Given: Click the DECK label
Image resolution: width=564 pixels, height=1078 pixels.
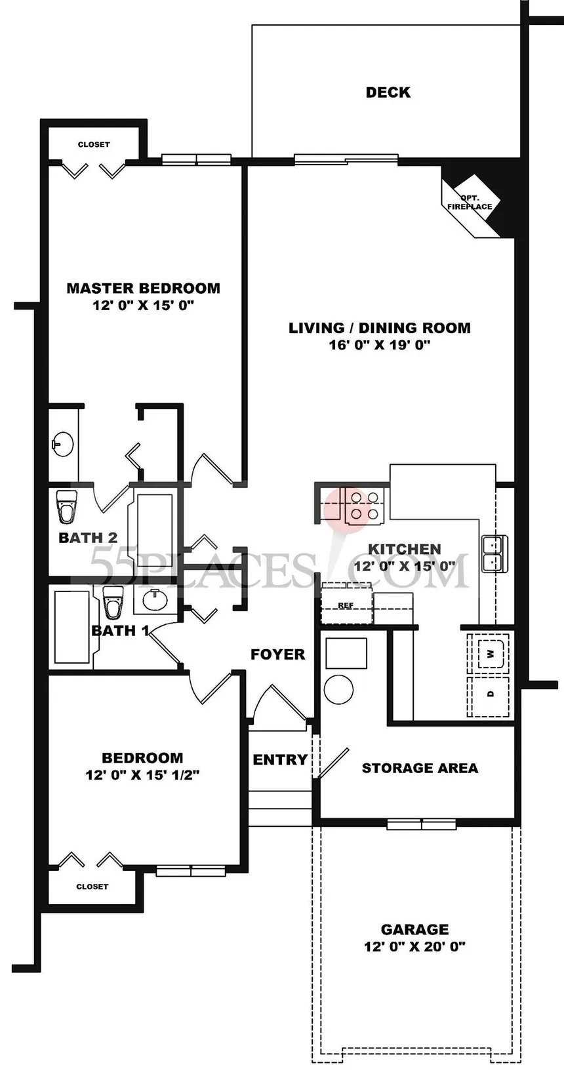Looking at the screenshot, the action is coord(388,92).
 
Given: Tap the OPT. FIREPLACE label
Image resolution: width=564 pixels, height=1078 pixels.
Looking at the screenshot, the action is coord(470,202).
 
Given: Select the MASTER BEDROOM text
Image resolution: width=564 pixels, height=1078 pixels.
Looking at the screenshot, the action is coord(144,289).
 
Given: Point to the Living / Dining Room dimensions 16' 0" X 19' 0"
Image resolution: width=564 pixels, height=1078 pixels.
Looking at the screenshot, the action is coord(379,345).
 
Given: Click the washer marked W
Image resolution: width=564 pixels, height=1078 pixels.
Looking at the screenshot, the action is coord(490,654).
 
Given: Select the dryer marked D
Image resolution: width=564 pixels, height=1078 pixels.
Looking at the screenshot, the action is coord(490,694).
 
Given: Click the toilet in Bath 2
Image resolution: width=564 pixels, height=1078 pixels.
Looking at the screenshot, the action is coord(66,506).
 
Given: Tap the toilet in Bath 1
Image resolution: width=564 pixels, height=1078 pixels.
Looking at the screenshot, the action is coord(113,601).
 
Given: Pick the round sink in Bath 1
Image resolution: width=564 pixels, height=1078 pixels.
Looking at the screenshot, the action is coord(155,599).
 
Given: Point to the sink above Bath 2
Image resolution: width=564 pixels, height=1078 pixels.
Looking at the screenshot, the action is coord(62,444).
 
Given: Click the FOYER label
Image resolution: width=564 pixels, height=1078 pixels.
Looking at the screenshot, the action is coord(277,654).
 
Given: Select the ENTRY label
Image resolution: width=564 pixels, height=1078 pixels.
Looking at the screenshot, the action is coord(280,759).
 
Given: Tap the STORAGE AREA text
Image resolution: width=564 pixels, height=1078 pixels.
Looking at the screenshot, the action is coord(420,768).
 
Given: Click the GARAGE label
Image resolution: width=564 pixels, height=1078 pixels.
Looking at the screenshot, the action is coord(415,929).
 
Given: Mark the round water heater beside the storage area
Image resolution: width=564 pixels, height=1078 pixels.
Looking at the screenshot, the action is coord(339,689).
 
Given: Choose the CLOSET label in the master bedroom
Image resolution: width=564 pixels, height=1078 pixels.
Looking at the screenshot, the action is coord(94,144).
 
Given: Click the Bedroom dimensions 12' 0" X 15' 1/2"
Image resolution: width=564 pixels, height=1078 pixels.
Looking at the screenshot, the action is coord(142,775).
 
